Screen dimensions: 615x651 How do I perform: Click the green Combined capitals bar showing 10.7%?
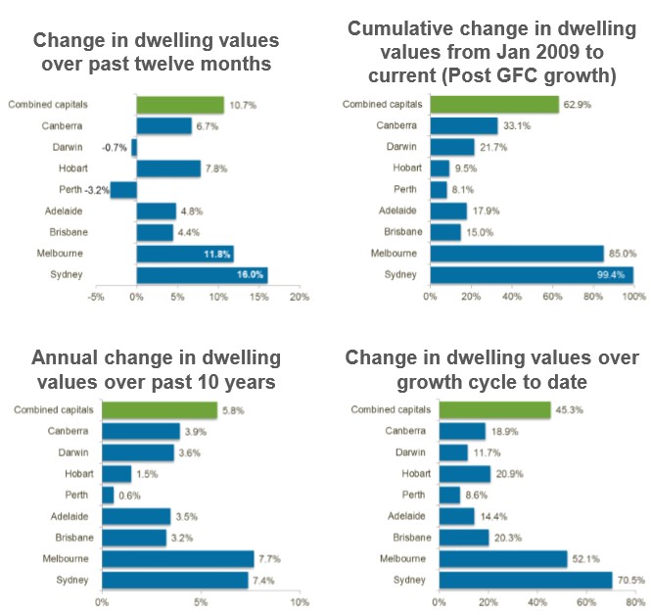coord(180,105)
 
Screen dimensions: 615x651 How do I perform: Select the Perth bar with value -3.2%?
coord(123,190)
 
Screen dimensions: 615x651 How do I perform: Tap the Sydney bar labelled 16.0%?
coord(202,274)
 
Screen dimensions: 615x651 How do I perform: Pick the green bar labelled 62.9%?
coord(493,105)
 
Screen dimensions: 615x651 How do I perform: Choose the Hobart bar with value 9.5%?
coord(439,168)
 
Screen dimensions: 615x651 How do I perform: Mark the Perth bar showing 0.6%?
coord(107,496)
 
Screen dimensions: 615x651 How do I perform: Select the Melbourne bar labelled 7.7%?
coord(177,559)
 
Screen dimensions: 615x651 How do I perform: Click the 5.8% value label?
coord(231,410)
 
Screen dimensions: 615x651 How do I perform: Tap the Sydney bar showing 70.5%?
coord(525,580)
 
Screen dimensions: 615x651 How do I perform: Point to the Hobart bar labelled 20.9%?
coord(464,474)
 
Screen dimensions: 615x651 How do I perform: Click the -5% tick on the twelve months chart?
coord(96,297)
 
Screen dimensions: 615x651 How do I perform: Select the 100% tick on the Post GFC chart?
coord(631,297)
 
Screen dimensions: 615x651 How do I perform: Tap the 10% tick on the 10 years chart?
coord(300,601)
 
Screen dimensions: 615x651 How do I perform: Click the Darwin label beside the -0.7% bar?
coord(67,148)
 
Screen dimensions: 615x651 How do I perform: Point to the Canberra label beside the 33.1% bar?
coord(396,126)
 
